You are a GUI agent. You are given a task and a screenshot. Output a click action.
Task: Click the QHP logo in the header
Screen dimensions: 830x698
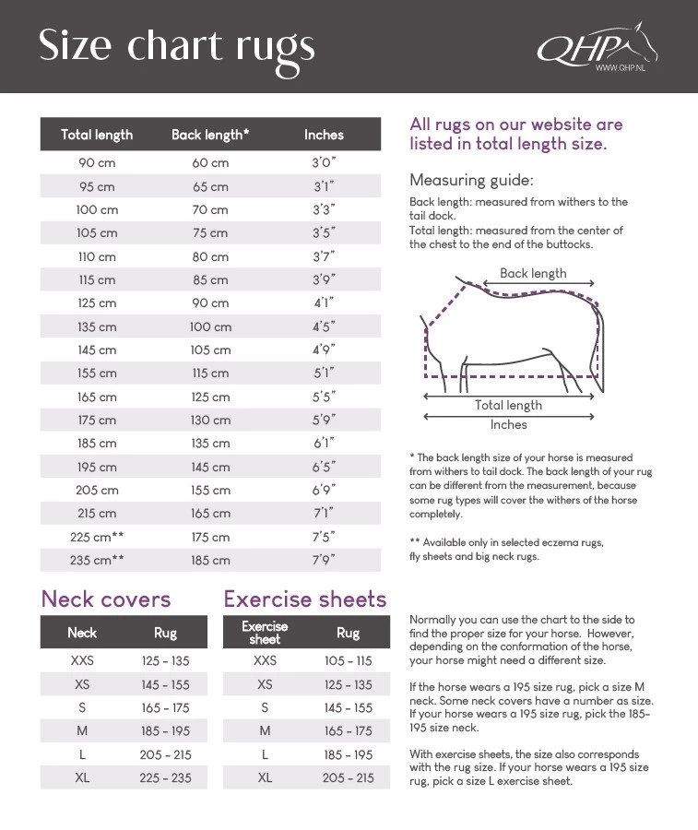[x=595, y=46]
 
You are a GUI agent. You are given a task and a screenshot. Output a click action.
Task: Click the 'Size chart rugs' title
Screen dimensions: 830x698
[x=176, y=46]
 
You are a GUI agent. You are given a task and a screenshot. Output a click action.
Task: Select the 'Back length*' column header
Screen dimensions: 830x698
[x=210, y=135]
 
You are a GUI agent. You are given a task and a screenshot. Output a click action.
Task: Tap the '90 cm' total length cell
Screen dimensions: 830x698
[x=97, y=163]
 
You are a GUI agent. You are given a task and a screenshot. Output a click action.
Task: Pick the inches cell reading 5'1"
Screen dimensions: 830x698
[x=324, y=373]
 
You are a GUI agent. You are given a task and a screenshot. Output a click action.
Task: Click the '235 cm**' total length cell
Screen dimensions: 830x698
[x=97, y=561]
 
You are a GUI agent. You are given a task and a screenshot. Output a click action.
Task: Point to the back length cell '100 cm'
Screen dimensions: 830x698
[x=210, y=326]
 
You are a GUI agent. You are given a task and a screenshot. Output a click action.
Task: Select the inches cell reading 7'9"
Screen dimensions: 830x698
[x=324, y=561]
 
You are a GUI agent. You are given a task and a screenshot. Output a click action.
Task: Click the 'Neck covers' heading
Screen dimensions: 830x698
[x=106, y=599]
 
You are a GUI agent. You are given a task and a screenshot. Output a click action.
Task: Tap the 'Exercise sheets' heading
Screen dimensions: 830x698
[x=305, y=599]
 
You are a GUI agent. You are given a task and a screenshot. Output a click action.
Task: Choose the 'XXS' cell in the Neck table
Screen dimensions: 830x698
[x=82, y=661]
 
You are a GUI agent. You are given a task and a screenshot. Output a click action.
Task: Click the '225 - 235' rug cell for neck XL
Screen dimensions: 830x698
[x=166, y=778]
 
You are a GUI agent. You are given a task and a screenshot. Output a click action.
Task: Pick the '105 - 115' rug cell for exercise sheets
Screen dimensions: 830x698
[x=349, y=661]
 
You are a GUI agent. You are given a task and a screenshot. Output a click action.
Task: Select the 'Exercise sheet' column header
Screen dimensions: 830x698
[x=265, y=633]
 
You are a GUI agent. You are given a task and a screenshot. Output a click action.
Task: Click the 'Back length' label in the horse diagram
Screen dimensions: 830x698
[x=533, y=274]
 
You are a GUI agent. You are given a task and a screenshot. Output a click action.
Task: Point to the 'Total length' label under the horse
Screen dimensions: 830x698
[x=508, y=405]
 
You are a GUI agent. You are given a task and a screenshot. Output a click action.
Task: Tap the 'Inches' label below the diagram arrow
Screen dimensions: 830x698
[x=508, y=425]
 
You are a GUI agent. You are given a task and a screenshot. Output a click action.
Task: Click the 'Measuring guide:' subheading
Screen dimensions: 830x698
[x=471, y=180]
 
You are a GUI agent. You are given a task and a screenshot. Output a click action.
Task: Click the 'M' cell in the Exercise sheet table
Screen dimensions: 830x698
[x=265, y=731]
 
